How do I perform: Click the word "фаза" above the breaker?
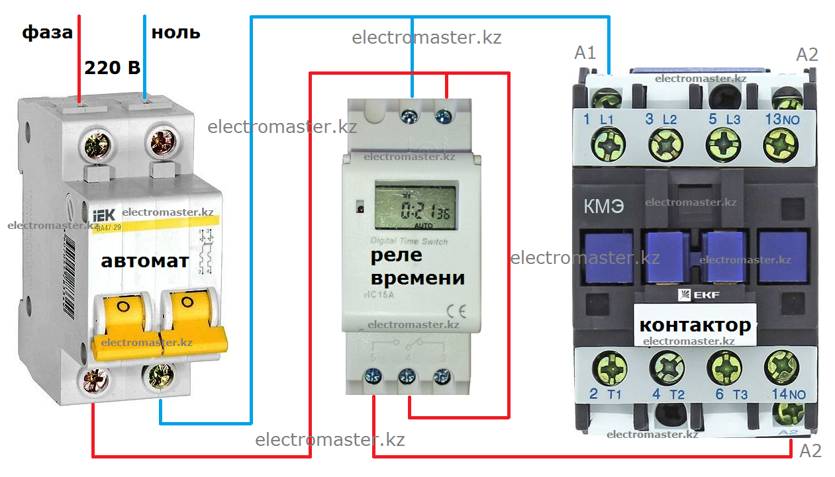[x=47, y=32]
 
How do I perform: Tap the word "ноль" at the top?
[x=175, y=32]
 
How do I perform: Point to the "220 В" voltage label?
[x=112, y=68]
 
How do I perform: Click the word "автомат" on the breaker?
[x=144, y=261]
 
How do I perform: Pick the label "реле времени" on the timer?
[x=417, y=267]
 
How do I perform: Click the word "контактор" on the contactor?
[x=695, y=325]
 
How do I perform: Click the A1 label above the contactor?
[x=585, y=54]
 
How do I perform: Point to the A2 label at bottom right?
[x=810, y=451]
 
